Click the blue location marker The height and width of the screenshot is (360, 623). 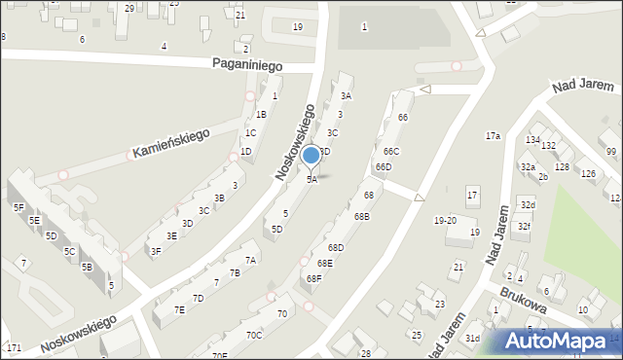[x=311, y=156]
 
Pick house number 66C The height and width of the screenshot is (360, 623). [x=390, y=152]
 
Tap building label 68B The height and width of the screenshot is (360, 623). [x=361, y=216]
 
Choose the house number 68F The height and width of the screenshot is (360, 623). [x=313, y=278]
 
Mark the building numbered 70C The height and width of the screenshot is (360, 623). [x=254, y=335]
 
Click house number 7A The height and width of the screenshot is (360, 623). [x=250, y=260]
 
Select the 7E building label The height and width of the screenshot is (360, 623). [x=179, y=309]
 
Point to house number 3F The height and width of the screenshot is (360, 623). [x=155, y=251]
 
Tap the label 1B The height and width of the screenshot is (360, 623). [x=261, y=114]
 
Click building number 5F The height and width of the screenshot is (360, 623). [x=18, y=207]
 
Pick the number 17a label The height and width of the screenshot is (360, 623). [x=494, y=135]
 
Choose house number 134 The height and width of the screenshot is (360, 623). [x=531, y=140]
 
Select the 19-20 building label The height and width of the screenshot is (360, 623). [x=445, y=220]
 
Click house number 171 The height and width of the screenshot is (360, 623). [x=14, y=347]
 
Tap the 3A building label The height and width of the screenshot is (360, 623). [x=346, y=95]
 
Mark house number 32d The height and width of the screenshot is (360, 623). [x=527, y=205]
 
